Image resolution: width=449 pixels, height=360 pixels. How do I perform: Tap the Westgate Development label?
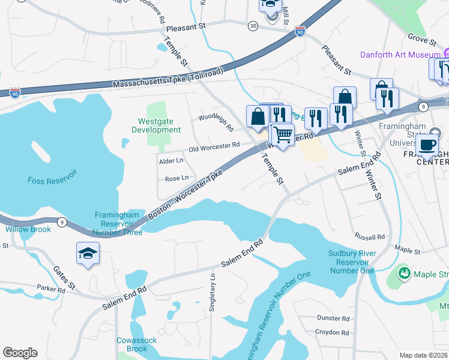click(156, 125)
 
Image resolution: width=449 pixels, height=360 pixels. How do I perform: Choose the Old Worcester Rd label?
click(214, 145)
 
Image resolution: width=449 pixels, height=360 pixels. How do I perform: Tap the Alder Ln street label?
click(171, 161)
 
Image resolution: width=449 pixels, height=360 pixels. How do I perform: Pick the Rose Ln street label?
click(176, 178)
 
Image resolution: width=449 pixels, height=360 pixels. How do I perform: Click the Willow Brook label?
click(28, 229)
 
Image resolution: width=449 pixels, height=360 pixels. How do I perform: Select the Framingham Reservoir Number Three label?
click(118, 224)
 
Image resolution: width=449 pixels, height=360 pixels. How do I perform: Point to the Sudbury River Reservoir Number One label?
click(352, 262)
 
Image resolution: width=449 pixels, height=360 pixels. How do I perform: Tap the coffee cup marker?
click(427, 145)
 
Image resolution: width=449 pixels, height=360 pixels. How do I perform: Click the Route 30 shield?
click(253, 25)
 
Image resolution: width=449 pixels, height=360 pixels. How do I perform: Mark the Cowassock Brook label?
click(137, 344)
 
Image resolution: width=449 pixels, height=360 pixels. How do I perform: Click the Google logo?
click(20, 353)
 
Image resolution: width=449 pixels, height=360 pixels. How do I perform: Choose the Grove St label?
click(422, 42)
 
